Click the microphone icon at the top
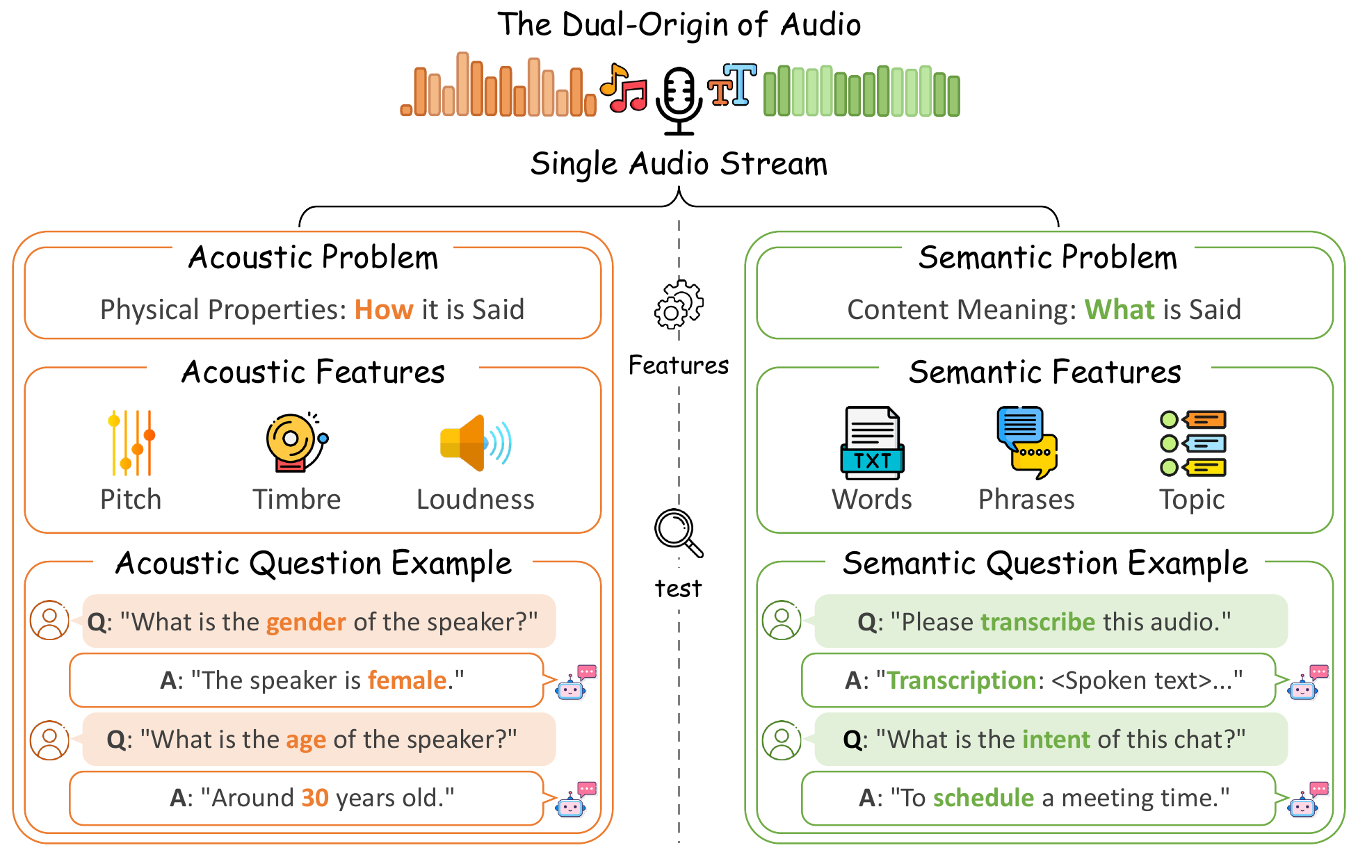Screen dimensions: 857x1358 (679, 99)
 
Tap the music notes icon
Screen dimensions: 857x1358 (624, 88)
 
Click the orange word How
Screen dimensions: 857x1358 (384, 310)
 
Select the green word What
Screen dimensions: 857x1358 (1119, 310)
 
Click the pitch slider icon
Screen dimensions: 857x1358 (131, 443)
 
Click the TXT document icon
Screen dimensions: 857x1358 (872, 443)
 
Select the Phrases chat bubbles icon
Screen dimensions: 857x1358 (1026, 443)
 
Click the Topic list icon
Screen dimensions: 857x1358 (1193, 443)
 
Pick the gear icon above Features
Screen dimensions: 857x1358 (678, 305)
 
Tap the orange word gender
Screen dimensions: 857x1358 (306, 622)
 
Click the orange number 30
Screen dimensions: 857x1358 (314, 798)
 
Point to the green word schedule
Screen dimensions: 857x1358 (983, 798)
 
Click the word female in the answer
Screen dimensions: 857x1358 (407, 680)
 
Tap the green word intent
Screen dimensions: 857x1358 (1056, 740)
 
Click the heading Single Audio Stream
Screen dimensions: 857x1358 (679, 165)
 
